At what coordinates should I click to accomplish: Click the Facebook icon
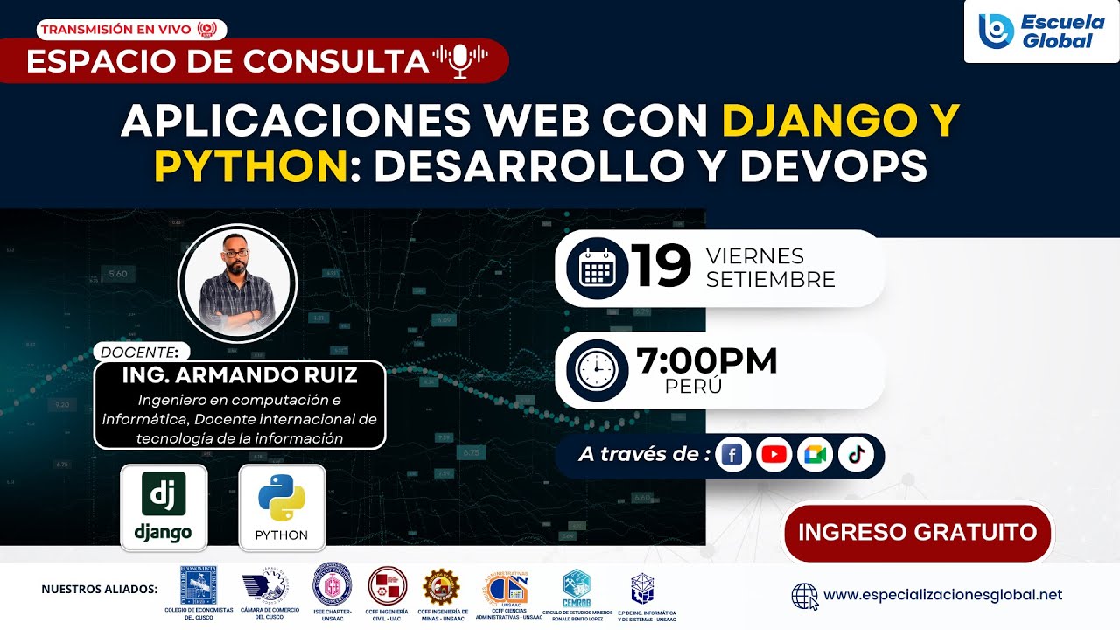732,455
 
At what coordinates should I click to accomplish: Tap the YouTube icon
773,455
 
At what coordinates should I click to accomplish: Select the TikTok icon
856,455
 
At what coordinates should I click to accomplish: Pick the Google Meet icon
815,455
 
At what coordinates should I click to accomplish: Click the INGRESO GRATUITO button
917,532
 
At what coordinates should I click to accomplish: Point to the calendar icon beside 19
597,268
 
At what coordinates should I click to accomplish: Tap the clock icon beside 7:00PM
597,369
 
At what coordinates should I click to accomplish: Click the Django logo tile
164,507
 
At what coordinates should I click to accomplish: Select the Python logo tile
282,507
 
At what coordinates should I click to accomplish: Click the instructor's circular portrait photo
237,283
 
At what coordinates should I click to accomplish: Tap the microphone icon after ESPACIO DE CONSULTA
460,60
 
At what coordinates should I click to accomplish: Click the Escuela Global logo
1041,31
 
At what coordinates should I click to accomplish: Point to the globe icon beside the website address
804,596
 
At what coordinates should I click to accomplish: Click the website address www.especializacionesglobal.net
942,595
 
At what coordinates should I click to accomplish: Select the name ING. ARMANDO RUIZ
241,376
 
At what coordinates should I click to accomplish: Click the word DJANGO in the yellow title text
814,121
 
